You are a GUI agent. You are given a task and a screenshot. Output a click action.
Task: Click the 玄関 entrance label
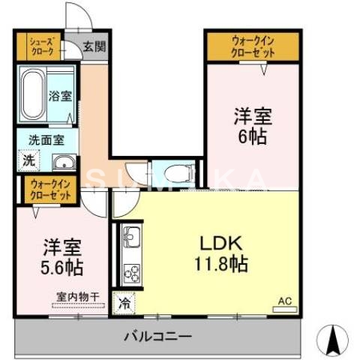tap(94, 46)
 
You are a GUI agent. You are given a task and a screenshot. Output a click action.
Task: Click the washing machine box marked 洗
tap(27, 159)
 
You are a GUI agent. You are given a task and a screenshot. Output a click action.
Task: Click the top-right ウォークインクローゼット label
tap(253, 46)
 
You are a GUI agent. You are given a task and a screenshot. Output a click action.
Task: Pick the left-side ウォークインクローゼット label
tap(51, 189)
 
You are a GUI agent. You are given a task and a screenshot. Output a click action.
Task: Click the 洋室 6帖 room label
tap(253, 126)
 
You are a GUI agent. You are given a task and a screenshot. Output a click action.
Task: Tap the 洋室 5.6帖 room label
tap(61, 256)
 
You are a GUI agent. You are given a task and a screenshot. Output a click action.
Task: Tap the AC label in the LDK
tap(284, 301)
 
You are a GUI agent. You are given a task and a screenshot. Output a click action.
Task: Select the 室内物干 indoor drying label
tap(77, 297)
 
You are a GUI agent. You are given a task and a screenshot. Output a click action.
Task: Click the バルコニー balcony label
tap(157, 335)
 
